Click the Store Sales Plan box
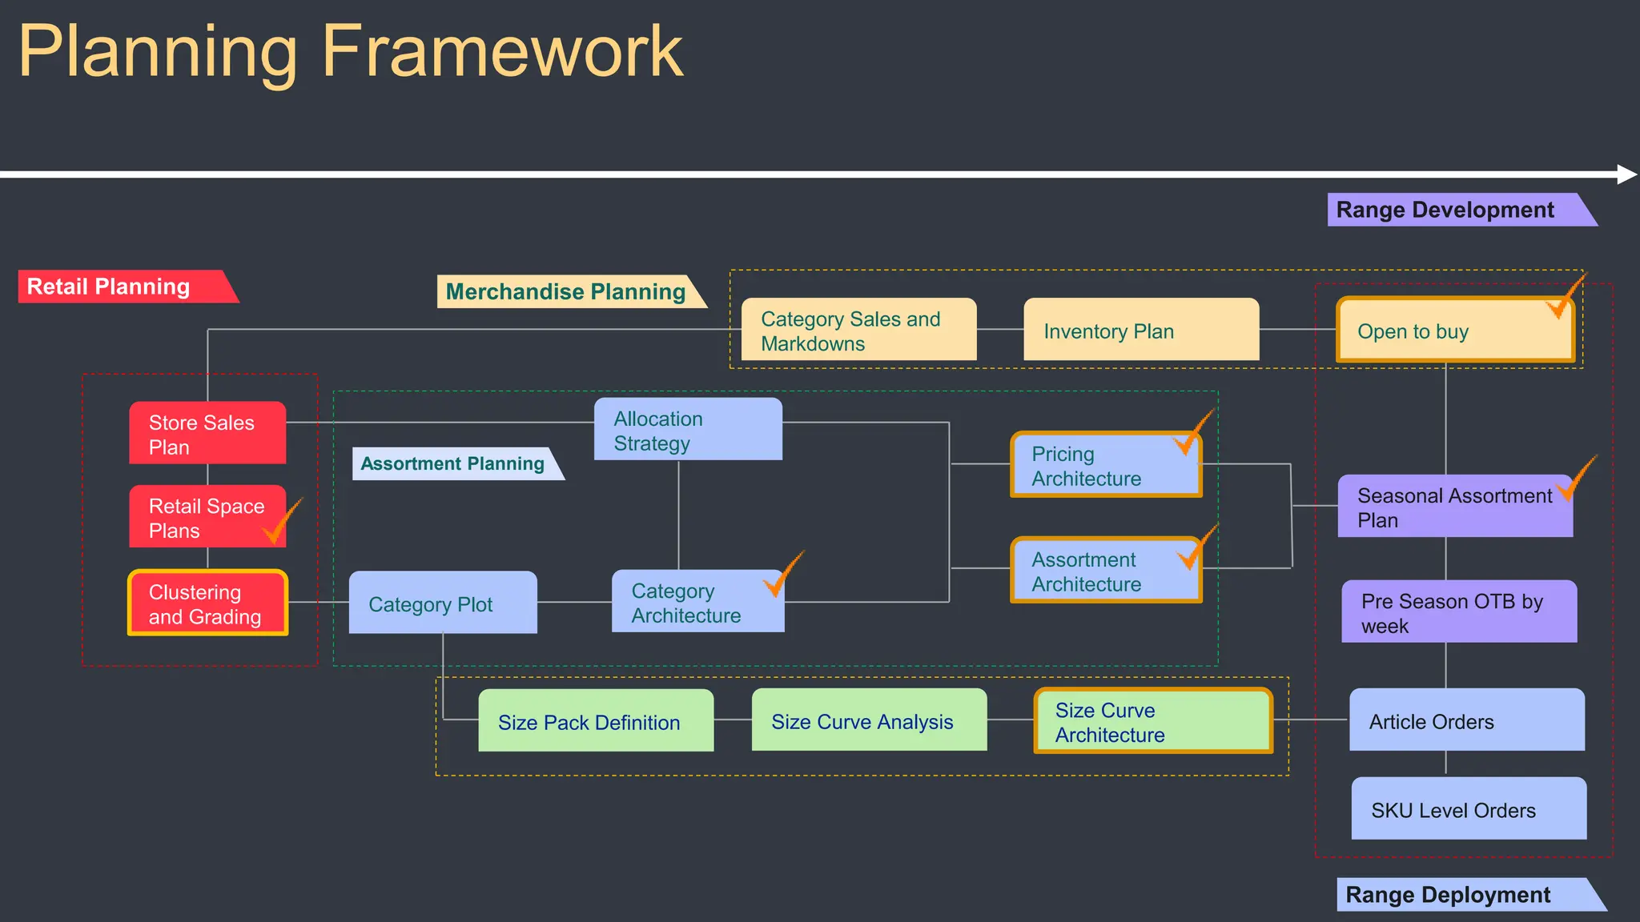(x=207, y=433)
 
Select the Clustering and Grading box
(x=207, y=603)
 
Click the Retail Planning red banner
(x=120, y=287)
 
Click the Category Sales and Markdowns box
(x=858, y=330)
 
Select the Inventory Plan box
(x=1141, y=330)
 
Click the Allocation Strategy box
(x=688, y=430)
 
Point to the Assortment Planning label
(x=452, y=464)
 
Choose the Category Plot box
(x=443, y=603)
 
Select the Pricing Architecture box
(x=1105, y=466)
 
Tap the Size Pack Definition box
(x=596, y=721)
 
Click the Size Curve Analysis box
(x=869, y=720)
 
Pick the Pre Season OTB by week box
(x=1459, y=612)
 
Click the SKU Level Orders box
(x=1469, y=809)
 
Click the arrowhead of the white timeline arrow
(x=1626, y=174)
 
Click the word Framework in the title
(x=502, y=52)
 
